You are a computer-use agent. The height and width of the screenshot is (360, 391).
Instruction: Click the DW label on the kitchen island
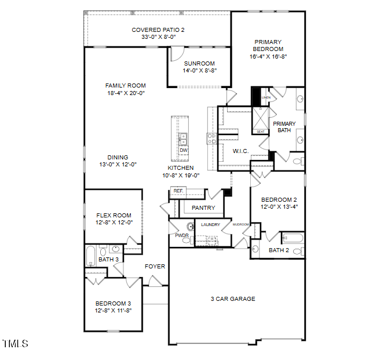pos(184,151)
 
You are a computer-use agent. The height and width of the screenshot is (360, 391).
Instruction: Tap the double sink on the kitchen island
pos(184,139)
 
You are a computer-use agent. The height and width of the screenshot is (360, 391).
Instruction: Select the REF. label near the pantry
pos(178,191)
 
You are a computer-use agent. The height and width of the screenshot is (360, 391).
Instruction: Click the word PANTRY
pos(203,208)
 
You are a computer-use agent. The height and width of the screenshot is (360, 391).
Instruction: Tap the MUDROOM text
pos(240,224)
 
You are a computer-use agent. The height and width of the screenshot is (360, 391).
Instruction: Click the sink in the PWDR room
pos(189,227)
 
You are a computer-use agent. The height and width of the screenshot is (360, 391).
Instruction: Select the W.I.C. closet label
pos(240,151)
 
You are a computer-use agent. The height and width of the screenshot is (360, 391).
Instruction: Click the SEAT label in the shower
pos(261,132)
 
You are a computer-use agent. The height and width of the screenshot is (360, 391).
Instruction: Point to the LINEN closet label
pos(266,97)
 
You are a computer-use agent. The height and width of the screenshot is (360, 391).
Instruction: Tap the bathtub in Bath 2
pos(292,238)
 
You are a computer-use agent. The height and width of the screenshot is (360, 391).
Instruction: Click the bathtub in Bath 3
pos(92,255)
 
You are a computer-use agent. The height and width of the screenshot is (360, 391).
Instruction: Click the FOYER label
pos(155,267)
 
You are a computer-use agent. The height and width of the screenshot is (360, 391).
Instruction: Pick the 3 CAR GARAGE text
pos(232,299)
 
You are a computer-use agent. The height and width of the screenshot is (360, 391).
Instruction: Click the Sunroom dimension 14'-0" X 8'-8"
pos(199,70)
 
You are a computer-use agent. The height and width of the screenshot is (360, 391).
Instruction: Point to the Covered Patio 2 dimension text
pos(158,37)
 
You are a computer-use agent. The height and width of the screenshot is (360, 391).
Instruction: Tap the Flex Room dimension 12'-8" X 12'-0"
pos(114,222)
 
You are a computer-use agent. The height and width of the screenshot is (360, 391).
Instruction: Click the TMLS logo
pos(15,344)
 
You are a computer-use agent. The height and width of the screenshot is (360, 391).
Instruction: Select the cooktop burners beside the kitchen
pos(211,138)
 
